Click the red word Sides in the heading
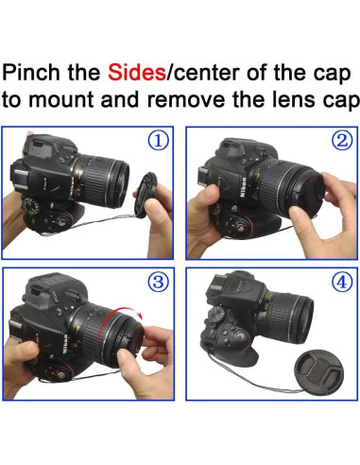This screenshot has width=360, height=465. point(137,73)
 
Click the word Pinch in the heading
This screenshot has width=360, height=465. point(31,73)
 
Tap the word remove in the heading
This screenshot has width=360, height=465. point(186,100)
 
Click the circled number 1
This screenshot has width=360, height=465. point(159,141)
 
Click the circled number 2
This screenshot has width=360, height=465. point(342,141)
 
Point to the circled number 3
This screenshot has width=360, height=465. point(159,282)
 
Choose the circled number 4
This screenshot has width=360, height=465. point(342,283)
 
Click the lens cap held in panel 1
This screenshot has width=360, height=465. point(145,196)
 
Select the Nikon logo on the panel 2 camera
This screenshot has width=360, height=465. point(243,187)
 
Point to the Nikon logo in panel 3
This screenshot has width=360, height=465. point(64,343)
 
